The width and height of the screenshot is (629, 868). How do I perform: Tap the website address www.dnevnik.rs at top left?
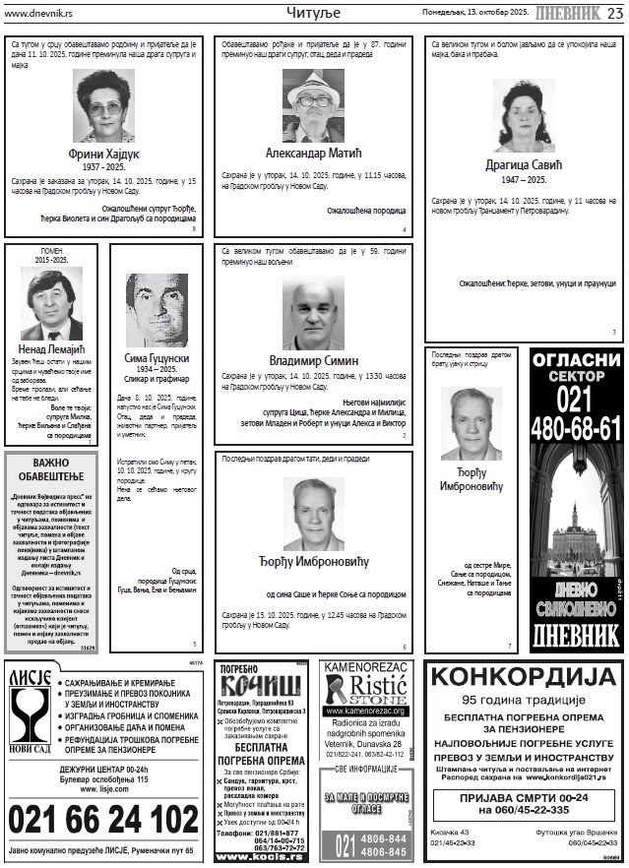pyautogui.click(x=36, y=13)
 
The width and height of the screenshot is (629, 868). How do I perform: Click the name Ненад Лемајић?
pyautogui.click(x=51, y=348)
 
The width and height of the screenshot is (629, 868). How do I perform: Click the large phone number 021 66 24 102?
pyautogui.click(x=103, y=820)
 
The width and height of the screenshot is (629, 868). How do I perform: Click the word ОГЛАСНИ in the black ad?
pyautogui.click(x=577, y=360)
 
